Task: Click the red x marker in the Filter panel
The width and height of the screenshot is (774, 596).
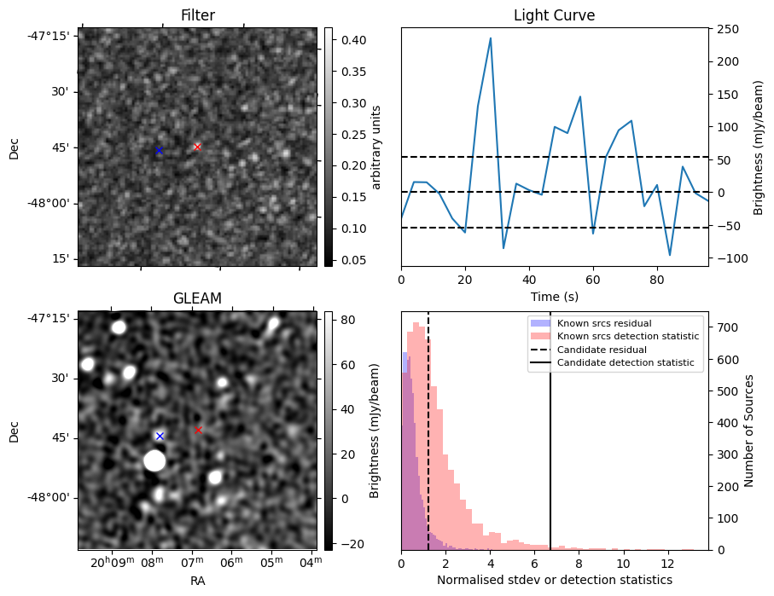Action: (197, 147)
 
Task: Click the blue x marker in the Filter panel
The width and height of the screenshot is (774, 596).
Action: (158, 151)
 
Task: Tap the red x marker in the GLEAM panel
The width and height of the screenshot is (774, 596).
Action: (198, 430)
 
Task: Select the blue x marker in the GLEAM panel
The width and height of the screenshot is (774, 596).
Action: (159, 436)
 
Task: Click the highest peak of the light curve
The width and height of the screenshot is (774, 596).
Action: (491, 38)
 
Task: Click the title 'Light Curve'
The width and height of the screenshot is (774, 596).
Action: (554, 15)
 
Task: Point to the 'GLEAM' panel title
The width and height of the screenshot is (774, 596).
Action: (197, 298)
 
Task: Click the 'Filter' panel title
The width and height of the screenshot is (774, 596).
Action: (197, 15)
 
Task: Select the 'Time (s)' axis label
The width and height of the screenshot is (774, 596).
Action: (554, 295)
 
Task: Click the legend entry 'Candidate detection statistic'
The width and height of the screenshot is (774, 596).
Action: (625, 364)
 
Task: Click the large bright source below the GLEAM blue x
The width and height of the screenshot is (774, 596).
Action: (154, 461)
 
